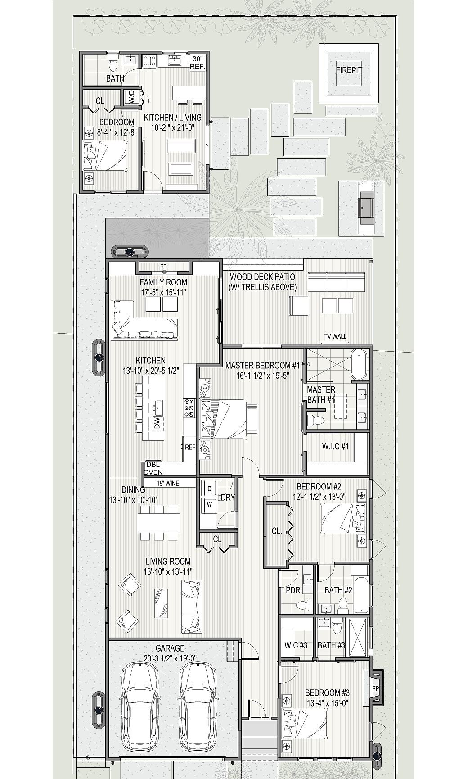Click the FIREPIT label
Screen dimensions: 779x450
coord(349,70)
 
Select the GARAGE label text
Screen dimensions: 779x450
coord(170,648)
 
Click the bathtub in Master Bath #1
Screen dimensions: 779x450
coord(359,363)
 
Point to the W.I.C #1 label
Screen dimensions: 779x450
coord(335,446)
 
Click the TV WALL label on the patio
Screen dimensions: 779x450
coord(336,336)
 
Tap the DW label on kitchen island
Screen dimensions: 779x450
coord(157,423)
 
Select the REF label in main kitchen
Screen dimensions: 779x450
coord(190,447)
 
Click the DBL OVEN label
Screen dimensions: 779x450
coord(153,469)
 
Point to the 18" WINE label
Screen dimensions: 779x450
coord(168,484)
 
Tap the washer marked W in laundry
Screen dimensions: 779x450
coord(209,504)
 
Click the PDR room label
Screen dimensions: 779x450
coord(293,590)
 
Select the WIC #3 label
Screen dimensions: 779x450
coord(296,645)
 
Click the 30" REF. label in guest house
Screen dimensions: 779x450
coord(198,63)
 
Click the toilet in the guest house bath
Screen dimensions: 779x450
coord(112,64)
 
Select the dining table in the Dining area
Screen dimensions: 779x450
coord(159,523)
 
